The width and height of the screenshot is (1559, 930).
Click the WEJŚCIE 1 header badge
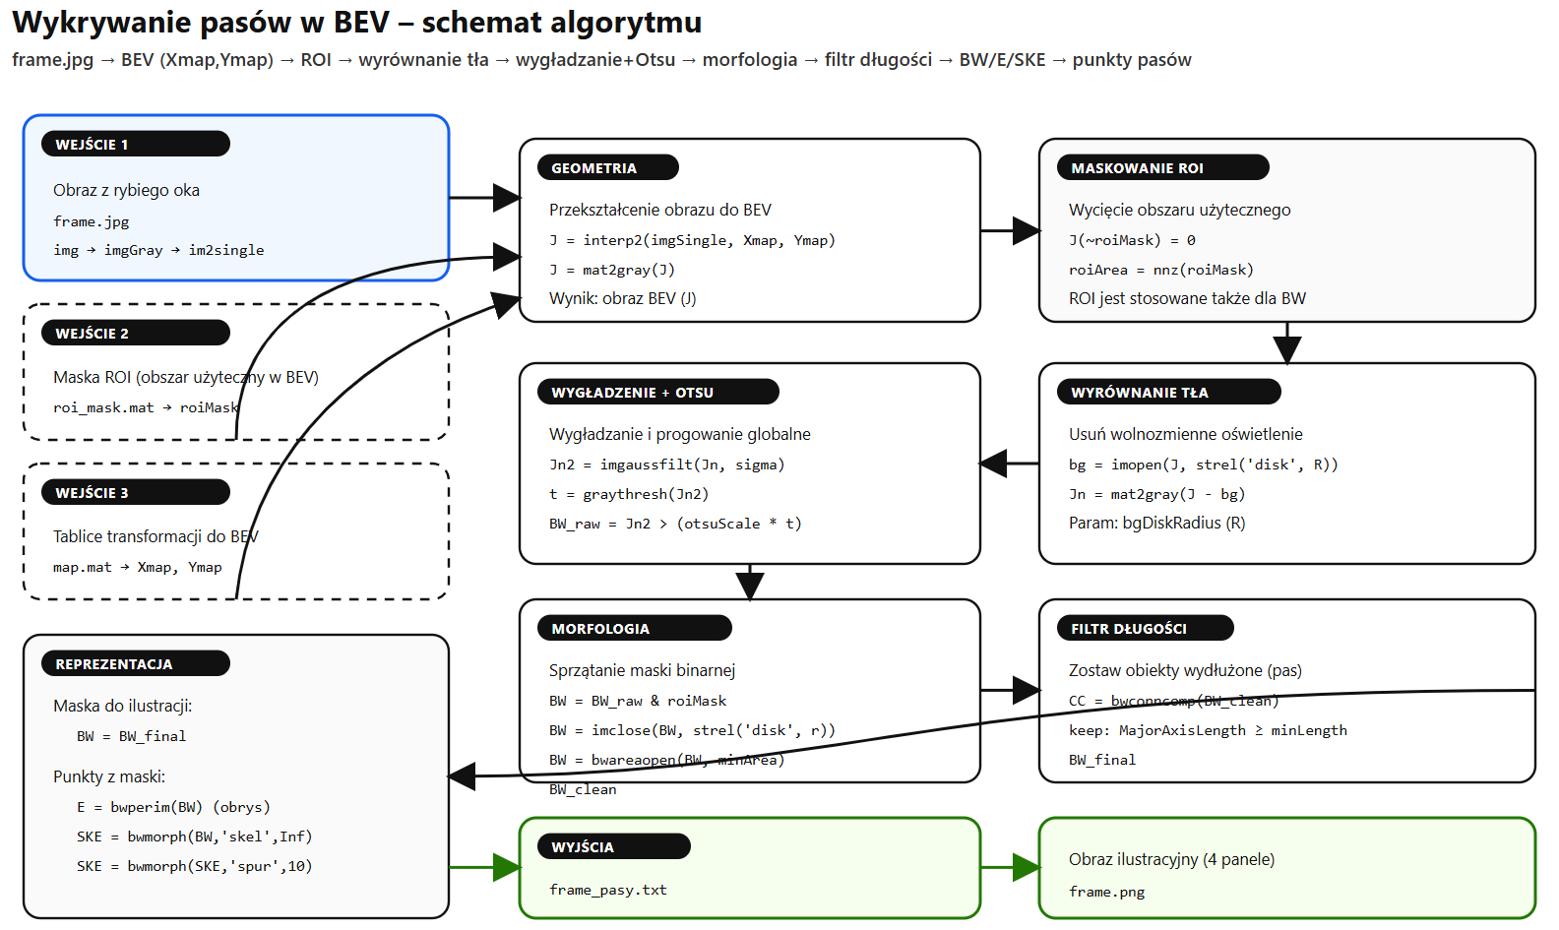[135, 144]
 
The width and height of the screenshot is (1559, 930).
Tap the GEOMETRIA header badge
[607, 167]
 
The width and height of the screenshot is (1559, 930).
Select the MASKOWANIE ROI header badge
[1162, 167]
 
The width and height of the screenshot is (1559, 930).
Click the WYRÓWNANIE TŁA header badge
[1168, 392]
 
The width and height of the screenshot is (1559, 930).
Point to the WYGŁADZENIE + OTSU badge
[657, 392]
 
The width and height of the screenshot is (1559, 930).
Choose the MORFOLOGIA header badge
[634, 628]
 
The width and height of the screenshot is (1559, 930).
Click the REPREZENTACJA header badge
[135, 663]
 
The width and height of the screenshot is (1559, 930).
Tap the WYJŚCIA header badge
[613, 846]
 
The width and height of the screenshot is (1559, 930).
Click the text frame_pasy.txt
[607, 890]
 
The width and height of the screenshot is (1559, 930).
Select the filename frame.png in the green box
[1106, 892]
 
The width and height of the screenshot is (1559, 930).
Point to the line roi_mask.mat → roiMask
[146, 407]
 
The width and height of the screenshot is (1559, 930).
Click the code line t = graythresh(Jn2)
[628, 494]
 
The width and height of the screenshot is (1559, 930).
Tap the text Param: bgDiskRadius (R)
[1156, 523]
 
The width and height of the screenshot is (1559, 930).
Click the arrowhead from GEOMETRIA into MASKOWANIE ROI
[1027, 231]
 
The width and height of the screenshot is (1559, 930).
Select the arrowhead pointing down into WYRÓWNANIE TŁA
[1286, 349]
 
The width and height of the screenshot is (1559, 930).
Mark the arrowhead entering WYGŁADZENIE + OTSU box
[993, 464]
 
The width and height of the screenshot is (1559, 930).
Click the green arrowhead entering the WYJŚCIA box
[507, 867]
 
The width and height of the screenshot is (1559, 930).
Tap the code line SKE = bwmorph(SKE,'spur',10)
[194, 866]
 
